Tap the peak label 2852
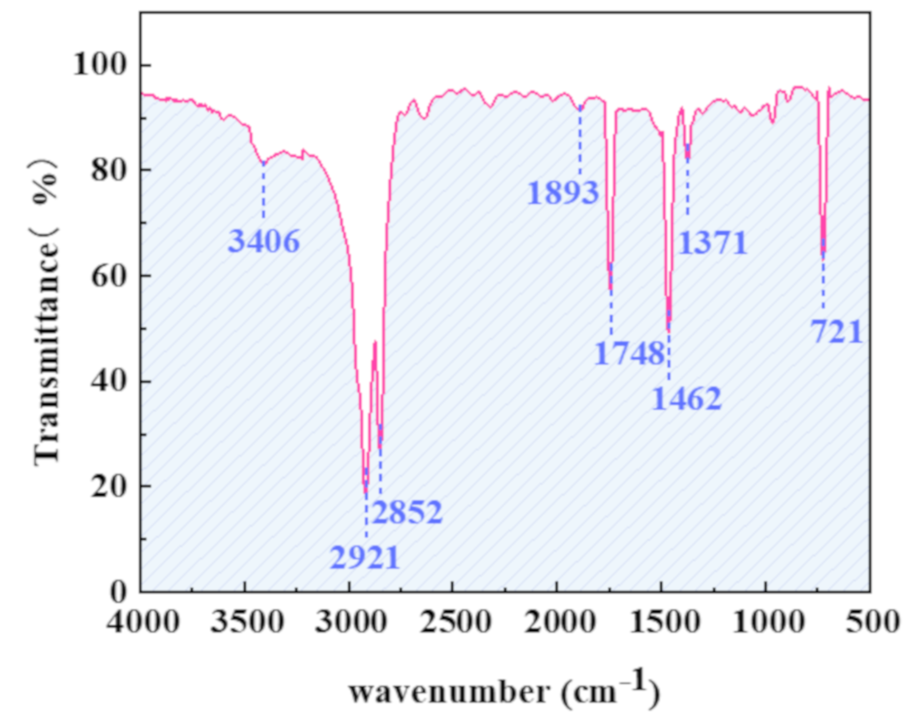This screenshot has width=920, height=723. click(x=408, y=513)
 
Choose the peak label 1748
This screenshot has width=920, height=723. click(x=629, y=353)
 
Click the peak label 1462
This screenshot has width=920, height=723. click(x=686, y=399)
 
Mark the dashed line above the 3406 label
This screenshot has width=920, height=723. click(x=263, y=191)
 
